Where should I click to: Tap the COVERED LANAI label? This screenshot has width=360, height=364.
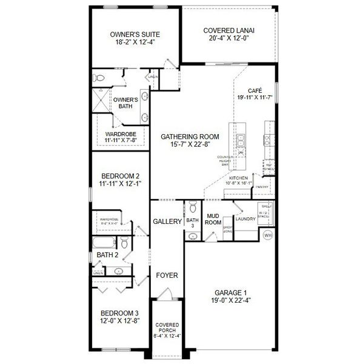[x=229, y=30]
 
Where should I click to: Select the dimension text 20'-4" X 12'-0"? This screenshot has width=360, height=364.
[x=229, y=38]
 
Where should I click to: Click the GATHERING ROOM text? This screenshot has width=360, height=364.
[x=190, y=136]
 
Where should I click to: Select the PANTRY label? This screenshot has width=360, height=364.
[x=262, y=187]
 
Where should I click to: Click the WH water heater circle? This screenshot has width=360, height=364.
[x=268, y=235]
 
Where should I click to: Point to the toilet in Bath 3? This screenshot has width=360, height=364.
[x=192, y=205]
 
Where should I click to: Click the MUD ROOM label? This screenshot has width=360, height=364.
[x=213, y=218]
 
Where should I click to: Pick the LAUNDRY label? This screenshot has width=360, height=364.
[x=245, y=218]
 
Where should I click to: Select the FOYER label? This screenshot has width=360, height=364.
[x=167, y=275]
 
